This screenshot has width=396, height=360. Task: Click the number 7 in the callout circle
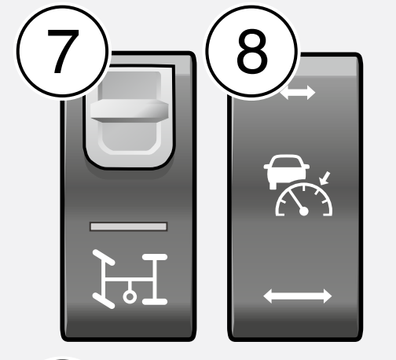63,51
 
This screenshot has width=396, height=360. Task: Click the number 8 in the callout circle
252,51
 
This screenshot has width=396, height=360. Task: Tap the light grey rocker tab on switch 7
129,112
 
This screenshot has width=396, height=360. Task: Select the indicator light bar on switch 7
128,226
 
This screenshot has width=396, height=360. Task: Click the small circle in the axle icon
130,297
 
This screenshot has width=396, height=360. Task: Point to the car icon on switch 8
287,171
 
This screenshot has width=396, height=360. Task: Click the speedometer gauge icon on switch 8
304,199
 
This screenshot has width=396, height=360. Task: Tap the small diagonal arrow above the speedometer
324,178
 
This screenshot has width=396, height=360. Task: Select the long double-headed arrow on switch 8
298,296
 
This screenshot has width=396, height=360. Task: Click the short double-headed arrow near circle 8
298,92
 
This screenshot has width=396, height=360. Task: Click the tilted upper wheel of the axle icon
104,258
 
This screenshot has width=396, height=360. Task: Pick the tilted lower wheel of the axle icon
104,301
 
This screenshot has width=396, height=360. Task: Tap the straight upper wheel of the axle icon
155,257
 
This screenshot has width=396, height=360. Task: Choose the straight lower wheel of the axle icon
155,302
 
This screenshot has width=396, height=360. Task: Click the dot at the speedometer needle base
304,211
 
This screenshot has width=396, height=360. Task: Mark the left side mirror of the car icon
266,167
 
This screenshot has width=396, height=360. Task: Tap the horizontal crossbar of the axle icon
130,280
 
